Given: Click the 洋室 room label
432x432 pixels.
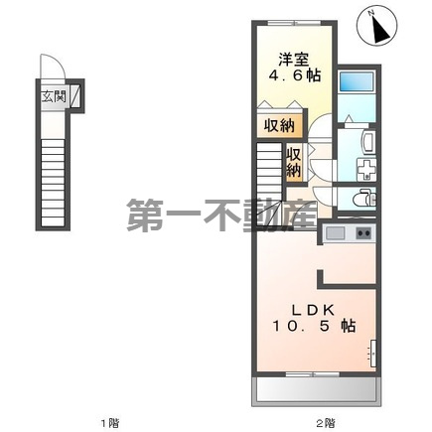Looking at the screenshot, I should click(293, 57).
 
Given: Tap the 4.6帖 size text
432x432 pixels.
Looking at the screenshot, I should click(293, 75).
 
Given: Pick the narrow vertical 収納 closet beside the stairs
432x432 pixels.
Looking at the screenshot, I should click(294, 162).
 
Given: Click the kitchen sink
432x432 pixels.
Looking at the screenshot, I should click(335, 233).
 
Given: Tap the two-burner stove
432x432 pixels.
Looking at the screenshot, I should click(361, 233).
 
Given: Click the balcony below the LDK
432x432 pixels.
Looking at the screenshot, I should click(315, 391).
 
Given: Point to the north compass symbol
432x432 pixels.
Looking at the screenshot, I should click(379, 28).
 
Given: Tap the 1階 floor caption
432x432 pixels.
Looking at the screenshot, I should click(108, 423).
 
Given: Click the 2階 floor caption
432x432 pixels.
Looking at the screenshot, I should click(324, 423).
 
